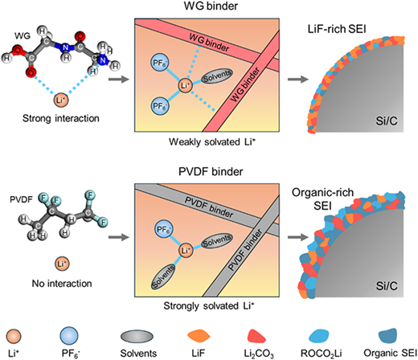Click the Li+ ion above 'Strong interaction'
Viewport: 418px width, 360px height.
pos(61,100)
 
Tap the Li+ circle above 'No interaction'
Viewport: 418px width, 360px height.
pos(62,264)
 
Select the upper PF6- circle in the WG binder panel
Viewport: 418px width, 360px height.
pos(160,63)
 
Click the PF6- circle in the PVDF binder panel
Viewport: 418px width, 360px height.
pos(164,229)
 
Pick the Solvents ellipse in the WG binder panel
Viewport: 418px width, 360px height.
pos(217,76)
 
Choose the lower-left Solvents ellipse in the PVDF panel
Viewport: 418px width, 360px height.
pos(163,276)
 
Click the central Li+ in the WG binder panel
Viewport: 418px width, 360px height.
pos(186,86)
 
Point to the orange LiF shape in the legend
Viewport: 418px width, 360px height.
pos(199,336)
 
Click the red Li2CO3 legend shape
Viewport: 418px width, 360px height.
pos(256,336)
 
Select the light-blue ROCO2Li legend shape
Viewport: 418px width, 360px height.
pos(319,336)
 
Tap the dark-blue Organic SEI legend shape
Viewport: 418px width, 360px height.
pos(387,336)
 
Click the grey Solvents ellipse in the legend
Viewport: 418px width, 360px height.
pos(137,336)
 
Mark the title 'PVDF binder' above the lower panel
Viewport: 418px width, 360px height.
pos(211,171)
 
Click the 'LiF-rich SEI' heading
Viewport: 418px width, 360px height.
pos(337,29)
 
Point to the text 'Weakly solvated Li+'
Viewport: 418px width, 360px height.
pos(211,141)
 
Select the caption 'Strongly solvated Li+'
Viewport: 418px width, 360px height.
pos(209,305)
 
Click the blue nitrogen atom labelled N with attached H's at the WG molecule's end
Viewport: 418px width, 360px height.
pos(103,60)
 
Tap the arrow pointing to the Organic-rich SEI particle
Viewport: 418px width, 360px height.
pos(298,237)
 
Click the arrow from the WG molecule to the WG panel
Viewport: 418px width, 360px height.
pos(119,80)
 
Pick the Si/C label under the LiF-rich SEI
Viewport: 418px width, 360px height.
pos(386,121)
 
